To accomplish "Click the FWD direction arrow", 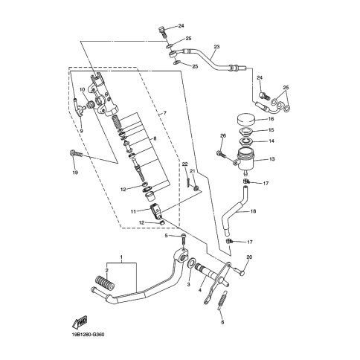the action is [x=80, y=322].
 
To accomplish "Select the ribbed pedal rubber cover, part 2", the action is [x=105, y=283].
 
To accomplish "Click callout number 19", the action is [x=75, y=173].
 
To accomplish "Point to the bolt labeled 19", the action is [x=75, y=152].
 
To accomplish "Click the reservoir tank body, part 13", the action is [x=245, y=159].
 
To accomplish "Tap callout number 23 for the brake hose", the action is [x=216, y=47].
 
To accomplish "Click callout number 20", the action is [x=249, y=257].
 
